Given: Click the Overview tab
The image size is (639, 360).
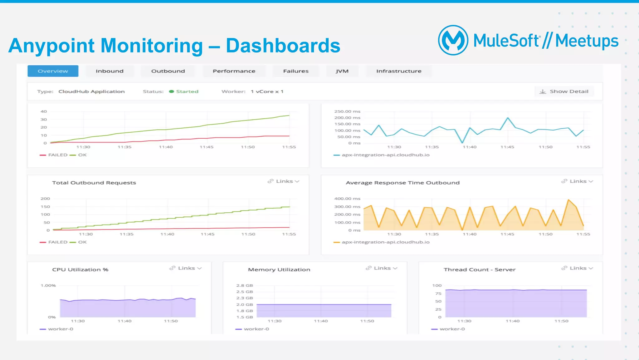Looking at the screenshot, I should click(x=53, y=71).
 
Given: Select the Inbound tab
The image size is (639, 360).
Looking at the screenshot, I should click(x=110, y=71).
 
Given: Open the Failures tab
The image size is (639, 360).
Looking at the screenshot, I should click(x=295, y=71).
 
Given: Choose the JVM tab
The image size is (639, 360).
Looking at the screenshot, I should click(x=342, y=71).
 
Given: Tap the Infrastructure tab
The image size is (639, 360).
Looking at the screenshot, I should click(x=398, y=71).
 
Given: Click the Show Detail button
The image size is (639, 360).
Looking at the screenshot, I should click(x=564, y=91).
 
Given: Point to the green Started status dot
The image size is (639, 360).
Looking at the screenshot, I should click(x=171, y=91).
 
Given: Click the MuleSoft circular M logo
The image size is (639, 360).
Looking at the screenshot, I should click(x=453, y=40).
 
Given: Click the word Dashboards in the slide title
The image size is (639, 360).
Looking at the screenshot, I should click(x=283, y=46).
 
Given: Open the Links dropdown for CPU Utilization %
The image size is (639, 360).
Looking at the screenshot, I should click(x=186, y=268).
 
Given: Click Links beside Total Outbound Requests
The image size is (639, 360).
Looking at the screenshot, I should click(x=284, y=181).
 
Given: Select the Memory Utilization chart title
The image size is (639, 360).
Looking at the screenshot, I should click(x=279, y=270).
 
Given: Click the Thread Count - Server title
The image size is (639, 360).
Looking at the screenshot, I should click(x=479, y=270).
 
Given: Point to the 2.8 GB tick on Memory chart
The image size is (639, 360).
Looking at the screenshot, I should click(x=245, y=285).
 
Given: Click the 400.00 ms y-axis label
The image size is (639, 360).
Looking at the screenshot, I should click(x=347, y=199).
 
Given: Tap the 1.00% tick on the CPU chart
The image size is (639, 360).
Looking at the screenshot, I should click(x=48, y=285).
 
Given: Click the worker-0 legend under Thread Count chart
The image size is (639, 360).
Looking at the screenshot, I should click(x=452, y=329).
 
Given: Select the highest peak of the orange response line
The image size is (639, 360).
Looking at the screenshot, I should click(x=568, y=200).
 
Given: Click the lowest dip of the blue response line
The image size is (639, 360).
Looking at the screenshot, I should click(x=462, y=143).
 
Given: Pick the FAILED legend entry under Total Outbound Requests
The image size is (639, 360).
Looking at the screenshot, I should click(x=57, y=242).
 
